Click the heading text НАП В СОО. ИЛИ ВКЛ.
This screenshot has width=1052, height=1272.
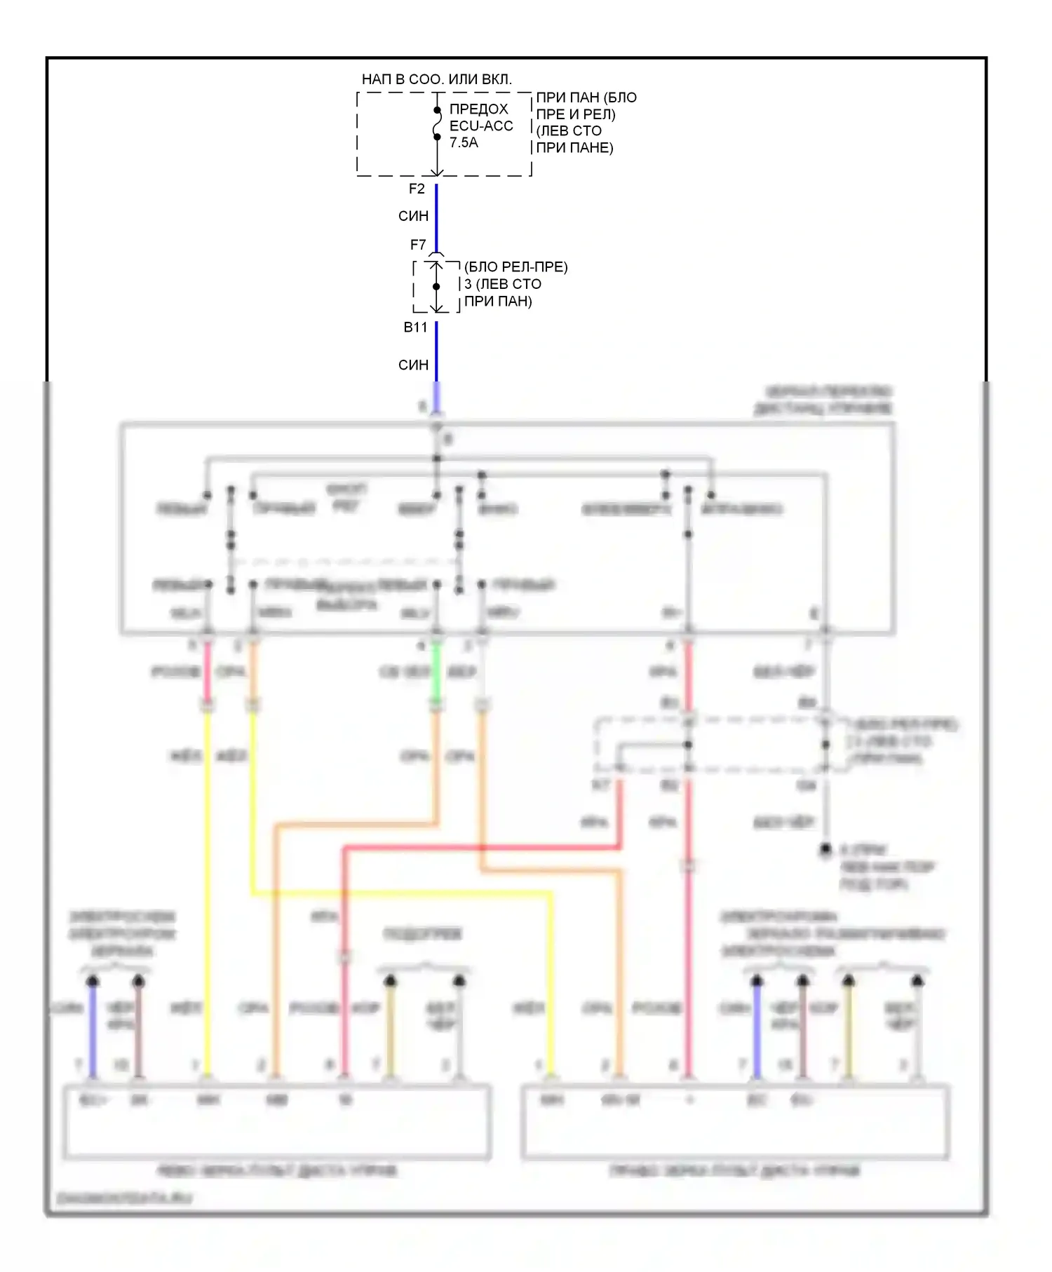click(x=436, y=79)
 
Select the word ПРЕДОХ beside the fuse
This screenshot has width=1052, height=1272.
click(x=478, y=109)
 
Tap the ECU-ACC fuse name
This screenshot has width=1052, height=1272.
click(x=481, y=126)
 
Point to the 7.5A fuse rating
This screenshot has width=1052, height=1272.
click(x=464, y=142)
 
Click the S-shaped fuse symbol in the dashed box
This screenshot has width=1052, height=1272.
click(x=436, y=123)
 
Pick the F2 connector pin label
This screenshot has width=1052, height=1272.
click(x=417, y=189)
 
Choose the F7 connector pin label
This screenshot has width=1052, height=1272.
click(x=418, y=245)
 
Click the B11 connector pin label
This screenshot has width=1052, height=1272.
click(x=415, y=327)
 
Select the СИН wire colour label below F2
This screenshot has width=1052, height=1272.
click(x=413, y=216)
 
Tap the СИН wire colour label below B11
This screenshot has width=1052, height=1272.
click(x=413, y=365)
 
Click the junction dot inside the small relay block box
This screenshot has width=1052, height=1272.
click(x=436, y=286)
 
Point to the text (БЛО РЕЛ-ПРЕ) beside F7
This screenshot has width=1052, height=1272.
click(x=516, y=266)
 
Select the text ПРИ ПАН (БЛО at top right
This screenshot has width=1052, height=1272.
click(x=586, y=97)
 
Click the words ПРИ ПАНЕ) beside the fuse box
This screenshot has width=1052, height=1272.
click(x=574, y=148)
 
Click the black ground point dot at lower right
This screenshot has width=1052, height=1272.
click(x=825, y=849)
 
